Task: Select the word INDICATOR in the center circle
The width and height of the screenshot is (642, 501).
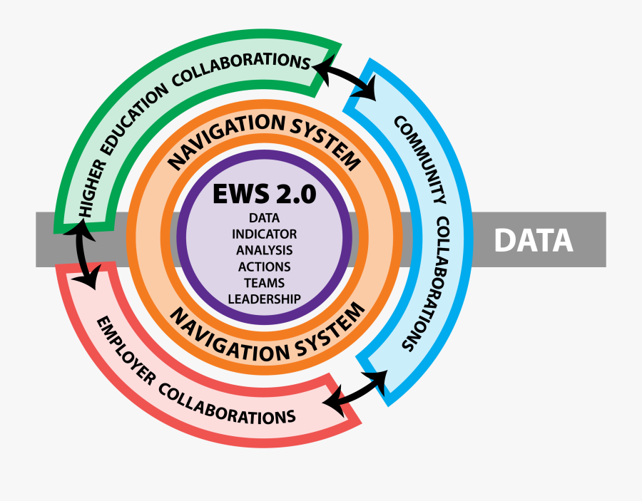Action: click(264, 234)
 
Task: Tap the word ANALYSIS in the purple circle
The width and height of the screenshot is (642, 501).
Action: click(264, 250)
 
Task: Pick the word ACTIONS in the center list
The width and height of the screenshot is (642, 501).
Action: click(264, 267)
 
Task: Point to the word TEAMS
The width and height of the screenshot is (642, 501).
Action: click(264, 282)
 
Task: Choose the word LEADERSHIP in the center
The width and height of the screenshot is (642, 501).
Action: click(264, 299)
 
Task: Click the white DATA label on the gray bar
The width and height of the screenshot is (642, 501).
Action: click(534, 240)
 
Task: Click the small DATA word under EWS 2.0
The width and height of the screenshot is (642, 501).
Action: click(264, 217)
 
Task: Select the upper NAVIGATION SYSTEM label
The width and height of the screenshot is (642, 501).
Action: click(264, 138)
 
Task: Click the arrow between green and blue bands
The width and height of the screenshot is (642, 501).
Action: click(345, 78)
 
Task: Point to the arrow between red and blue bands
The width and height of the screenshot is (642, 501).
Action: click(355, 391)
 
